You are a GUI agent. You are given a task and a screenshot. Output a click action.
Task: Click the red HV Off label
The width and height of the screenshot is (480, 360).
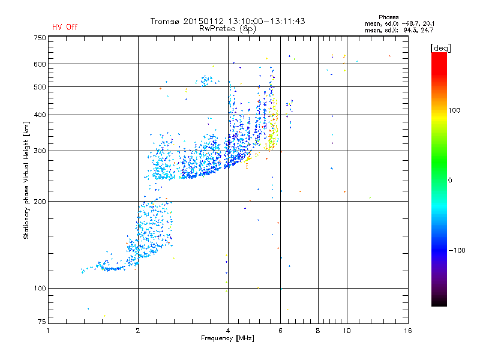coord(64,27)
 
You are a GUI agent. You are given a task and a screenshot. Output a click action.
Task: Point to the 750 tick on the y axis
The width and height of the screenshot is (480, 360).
coord(39,37)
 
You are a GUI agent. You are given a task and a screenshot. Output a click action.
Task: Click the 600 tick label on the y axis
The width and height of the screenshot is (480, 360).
coord(39,64)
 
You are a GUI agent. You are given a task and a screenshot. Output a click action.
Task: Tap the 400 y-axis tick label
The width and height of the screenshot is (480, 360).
coord(39,115)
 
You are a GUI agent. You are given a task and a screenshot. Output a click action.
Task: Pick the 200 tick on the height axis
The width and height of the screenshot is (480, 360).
coord(39,202)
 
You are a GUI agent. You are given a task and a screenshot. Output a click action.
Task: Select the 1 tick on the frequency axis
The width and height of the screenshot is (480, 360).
coord(49,331)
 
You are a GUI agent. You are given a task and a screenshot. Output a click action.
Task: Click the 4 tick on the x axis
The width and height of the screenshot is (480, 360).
coord(228,331)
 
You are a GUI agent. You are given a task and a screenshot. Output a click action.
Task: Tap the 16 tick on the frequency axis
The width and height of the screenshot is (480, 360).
coord(407,331)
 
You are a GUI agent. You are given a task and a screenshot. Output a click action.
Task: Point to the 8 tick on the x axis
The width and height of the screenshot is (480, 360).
coord(318,331)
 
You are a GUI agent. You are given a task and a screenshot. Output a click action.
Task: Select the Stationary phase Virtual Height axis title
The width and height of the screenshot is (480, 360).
coord(26,181)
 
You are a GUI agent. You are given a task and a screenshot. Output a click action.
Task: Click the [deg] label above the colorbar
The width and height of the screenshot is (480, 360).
coord(441,47)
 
